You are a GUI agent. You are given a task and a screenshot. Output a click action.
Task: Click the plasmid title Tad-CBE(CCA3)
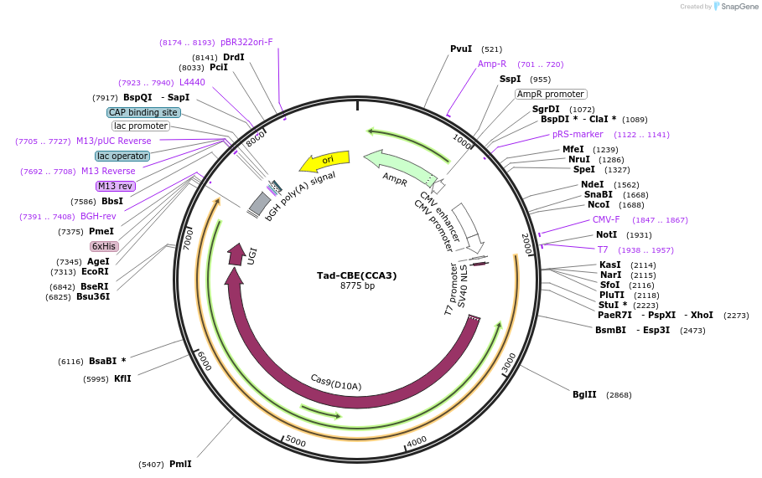click(356, 275)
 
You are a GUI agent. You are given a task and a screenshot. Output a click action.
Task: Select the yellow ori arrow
click(325, 159)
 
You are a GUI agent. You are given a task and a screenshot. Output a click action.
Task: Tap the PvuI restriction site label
click(461, 49)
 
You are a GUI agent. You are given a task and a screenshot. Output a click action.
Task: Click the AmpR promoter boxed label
click(551, 95)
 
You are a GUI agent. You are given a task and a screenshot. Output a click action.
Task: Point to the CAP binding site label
click(143, 112)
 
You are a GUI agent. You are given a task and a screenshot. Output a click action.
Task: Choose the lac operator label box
click(122, 156)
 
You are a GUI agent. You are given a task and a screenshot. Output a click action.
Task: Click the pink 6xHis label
click(104, 246)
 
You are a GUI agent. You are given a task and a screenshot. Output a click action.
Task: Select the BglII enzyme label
click(584, 394)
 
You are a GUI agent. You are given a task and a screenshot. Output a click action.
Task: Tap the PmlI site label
click(180, 464)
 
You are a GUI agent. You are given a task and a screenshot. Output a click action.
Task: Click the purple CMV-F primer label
click(606, 220)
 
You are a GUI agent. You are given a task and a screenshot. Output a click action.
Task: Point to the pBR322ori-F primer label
click(246, 42)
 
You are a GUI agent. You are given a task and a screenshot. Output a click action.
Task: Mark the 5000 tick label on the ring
click(295, 440)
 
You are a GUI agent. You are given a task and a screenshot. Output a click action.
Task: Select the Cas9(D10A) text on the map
click(335, 383)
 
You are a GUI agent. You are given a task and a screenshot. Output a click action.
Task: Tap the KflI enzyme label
click(122, 378)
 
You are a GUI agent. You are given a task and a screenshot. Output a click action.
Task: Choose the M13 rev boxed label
click(115, 186)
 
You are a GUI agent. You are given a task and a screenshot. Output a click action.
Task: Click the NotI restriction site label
click(606, 235)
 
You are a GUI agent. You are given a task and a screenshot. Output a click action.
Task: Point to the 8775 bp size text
click(357, 286)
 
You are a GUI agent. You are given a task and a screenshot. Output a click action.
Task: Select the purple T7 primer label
click(603, 249)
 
